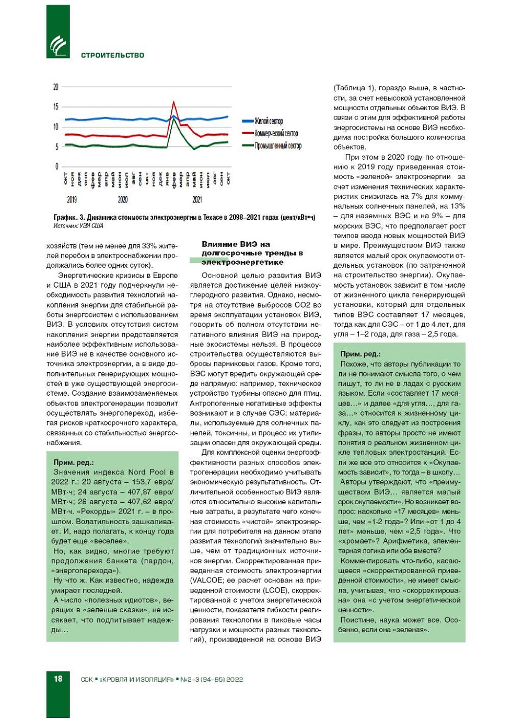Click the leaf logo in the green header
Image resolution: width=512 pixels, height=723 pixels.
pos(58,45)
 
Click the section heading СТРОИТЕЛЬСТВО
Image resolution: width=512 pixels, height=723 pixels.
pos(112,55)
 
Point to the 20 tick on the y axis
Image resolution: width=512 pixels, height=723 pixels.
pos(56,87)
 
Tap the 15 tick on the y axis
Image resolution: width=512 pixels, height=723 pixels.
pos(56,107)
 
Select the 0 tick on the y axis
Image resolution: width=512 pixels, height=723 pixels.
pos(57,167)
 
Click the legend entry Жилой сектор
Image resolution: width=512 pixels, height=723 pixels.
pos(269,121)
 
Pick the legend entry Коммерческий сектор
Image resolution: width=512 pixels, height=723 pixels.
pos(276,134)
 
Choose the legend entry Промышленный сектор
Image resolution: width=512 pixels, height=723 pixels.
pos(278,146)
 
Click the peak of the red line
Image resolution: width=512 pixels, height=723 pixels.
pos(173,102)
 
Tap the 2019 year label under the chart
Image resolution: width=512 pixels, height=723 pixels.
pos(72,199)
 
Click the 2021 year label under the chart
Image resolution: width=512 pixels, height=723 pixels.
pos(197,199)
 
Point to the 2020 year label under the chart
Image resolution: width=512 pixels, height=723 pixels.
pos(123,199)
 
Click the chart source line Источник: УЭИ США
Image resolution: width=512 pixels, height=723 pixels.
pos(78,226)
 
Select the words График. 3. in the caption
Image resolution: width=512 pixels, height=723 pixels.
pos(69,217)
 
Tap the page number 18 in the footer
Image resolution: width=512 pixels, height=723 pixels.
pos(57,679)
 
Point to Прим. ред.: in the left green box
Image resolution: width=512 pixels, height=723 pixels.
pos(74,463)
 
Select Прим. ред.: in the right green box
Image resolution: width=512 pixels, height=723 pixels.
pos(360,354)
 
